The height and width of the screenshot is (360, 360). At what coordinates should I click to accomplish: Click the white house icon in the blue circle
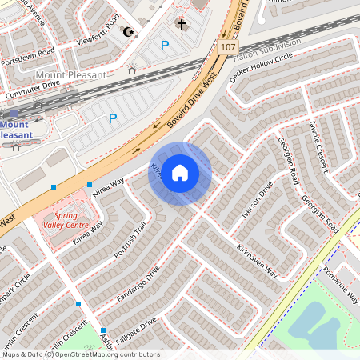pyautogui.click(x=180, y=173)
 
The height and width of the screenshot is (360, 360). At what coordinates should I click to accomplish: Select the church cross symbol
pyautogui.click(x=181, y=25)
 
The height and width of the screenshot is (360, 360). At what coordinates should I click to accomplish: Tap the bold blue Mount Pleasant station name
pyautogui.click(x=16, y=130)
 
